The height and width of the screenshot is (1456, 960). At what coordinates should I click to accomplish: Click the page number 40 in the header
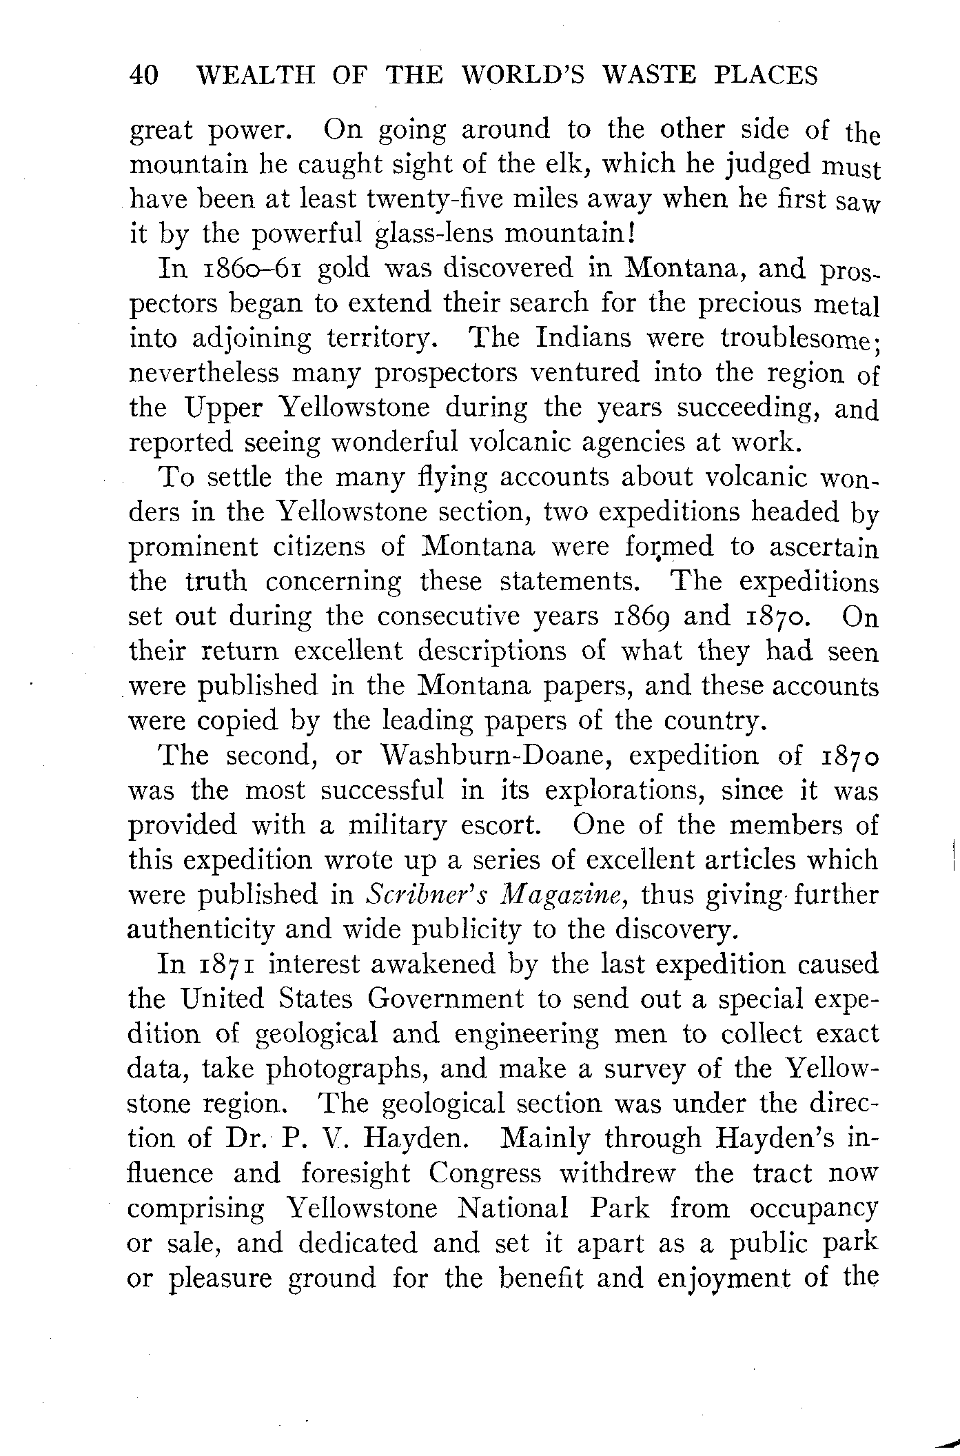click(x=144, y=75)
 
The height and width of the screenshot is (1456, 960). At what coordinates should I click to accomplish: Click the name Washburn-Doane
click(x=498, y=756)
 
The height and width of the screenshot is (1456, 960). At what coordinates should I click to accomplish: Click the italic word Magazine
click(x=563, y=895)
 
